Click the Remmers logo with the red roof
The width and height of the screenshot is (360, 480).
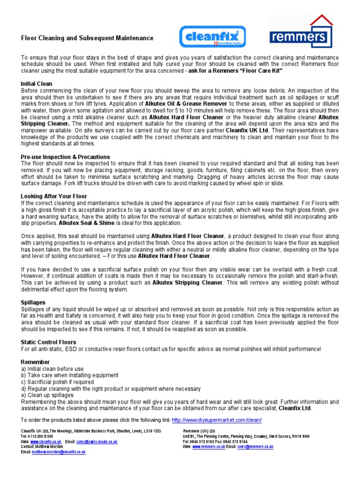(301, 33)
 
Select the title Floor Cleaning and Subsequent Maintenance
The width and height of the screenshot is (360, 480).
(87, 38)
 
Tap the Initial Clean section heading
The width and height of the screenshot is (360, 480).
(36, 84)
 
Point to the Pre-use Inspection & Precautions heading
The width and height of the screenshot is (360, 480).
(65, 157)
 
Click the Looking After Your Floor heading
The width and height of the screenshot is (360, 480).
(54, 196)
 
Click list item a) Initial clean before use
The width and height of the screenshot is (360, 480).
(52, 369)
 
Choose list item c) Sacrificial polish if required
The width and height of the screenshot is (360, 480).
(57, 382)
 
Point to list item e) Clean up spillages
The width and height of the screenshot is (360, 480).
(47, 395)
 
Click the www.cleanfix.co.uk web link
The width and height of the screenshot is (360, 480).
(46, 442)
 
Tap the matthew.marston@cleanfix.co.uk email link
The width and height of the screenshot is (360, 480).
(59, 452)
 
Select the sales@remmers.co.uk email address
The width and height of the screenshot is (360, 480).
(255, 447)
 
